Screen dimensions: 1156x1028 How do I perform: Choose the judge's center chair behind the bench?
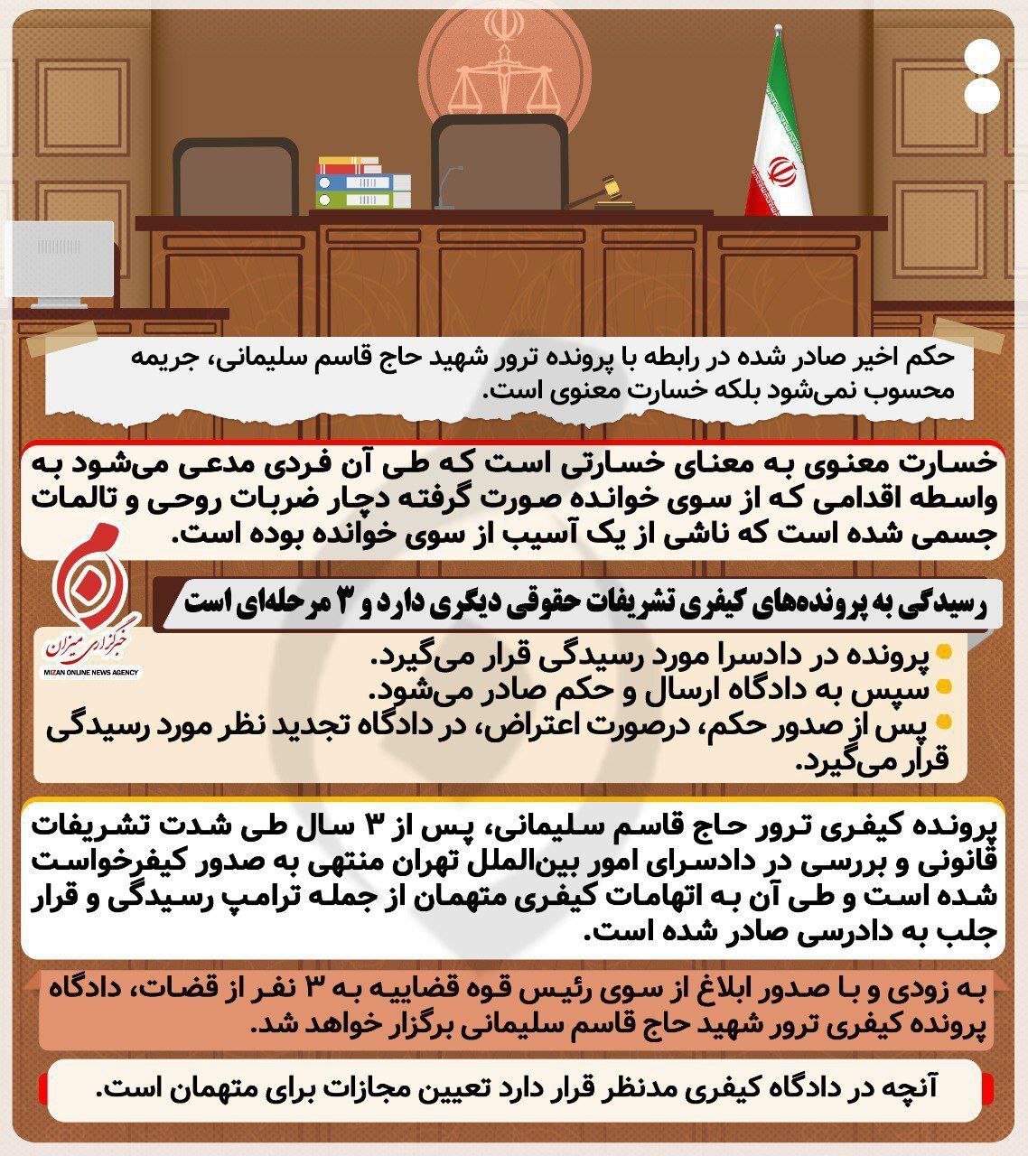tap(499, 163)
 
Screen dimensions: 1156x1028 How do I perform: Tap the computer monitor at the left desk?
tap(61, 263)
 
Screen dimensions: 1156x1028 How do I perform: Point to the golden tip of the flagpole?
tap(777, 33)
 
